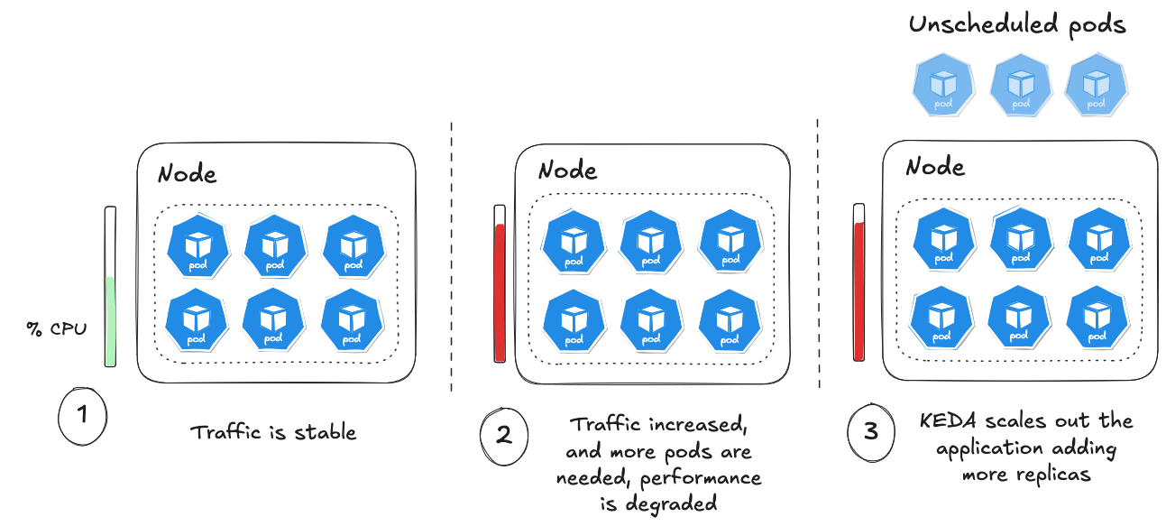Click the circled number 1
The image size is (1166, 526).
[82, 415]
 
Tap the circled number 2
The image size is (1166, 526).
[503, 434]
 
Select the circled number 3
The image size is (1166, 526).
[870, 431]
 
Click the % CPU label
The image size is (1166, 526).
[57, 329]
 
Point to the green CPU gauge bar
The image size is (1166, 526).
[110, 320]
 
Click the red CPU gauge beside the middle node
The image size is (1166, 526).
[500, 291]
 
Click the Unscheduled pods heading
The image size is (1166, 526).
[1017, 25]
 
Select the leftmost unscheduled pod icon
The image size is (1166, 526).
[943, 87]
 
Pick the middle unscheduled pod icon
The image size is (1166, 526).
[1020, 87]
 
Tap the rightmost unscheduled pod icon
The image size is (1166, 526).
[1095, 87]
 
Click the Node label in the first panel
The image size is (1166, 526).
[188, 173]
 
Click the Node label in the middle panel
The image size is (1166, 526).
[567, 170]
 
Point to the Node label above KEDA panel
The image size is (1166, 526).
[935, 167]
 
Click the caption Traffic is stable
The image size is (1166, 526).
[273, 432]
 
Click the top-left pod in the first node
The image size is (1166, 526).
[197, 245]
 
